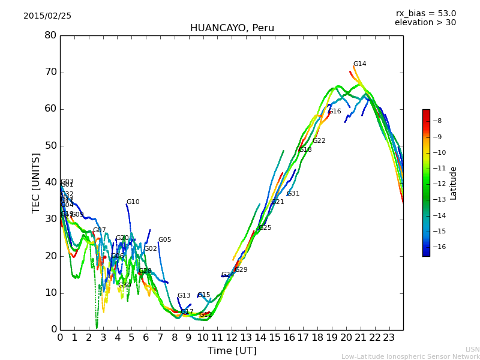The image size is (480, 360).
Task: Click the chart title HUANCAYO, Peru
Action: pyautogui.click(x=232, y=28)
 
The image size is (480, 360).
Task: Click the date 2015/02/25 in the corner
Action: pyautogui.click(x=47, y=16)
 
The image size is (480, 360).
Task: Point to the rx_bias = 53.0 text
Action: pyautogui.click(x=425, y=14)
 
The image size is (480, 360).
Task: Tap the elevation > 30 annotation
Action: pyautogui.click(x=425, y=23)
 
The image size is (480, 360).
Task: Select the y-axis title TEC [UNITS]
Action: pyautogui.click(x=36, y=182)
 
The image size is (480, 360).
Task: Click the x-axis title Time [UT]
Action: pyautogui.click(x=232, y=350)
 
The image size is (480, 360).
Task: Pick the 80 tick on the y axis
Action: pyautogui.click(x=50, y=35)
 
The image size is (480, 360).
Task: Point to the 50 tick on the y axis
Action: pyautogui.click(x=50, y=146)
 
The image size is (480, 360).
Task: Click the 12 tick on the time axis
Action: pyautogui.click(x=232, y=337)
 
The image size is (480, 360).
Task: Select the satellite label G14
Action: pyautogui.click(x=359, y=64)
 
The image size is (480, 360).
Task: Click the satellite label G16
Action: pyautogui.click(x=334, y=112)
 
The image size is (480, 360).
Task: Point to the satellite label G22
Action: pyautogui.click(x=319, y=141)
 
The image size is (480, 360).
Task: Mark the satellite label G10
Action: pyautogui.click(x=133, y=202)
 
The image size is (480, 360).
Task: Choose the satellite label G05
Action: pyautogui.click(x=164, y=240)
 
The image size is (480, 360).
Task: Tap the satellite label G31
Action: pyautogui.click(x=293, y=194)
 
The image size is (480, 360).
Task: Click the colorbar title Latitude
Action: pyautogui.click(x=454, y=183)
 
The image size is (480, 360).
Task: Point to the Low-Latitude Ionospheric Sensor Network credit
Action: pyautogui.click(x=410, y=357)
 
